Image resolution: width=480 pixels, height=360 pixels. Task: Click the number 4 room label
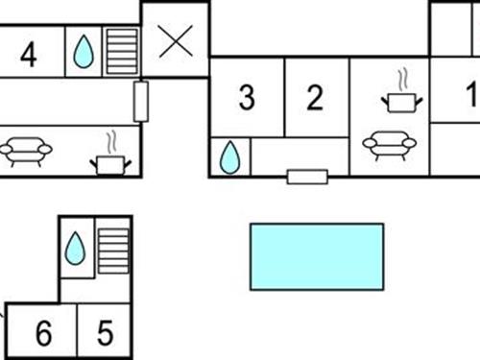(x=29, y=54)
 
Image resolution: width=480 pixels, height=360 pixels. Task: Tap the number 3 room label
(x=247, y=98)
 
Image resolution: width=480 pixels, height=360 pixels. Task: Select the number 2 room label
(x=316, y=98)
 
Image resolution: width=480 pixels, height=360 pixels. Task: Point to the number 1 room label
(x=471, y=95)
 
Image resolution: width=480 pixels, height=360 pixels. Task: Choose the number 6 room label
(x=43, y=334)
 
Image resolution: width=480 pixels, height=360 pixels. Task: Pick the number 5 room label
(x=105, y=334)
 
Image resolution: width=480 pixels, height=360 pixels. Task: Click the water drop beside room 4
(x=84, y=52)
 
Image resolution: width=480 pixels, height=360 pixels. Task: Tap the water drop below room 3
(x=229, y=157)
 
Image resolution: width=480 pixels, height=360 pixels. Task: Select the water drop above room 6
(x=75, y=250)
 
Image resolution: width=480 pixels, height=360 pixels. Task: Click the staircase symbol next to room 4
(x=121, y=51)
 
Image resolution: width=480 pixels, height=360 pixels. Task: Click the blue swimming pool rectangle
(x=317, y=256)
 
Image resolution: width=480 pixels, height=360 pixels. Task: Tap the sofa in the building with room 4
(x=26, y=151)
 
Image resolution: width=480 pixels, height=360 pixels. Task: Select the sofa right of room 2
(x=389, y=144)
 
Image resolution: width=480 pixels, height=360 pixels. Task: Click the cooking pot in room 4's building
(x=110, y=164)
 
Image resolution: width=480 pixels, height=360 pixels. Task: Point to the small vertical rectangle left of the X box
(x=140, y=101)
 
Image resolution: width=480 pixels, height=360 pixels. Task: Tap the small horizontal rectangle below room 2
(x=307, y=177)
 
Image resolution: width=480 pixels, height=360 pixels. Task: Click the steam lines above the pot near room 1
(x=403, y=76)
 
